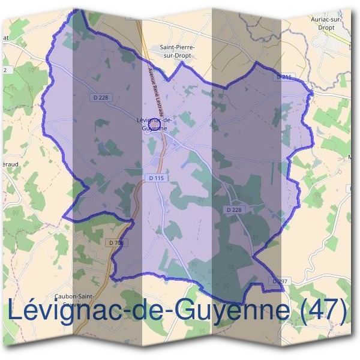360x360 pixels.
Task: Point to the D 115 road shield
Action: click(155, 178)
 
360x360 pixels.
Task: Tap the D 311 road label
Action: click(284, 77)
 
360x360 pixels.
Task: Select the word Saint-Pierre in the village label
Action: click(177, 47)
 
